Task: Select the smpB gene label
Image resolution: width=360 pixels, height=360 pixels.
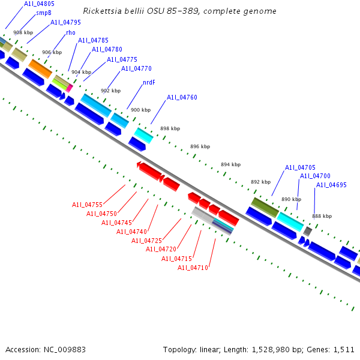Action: click(x=44, y=13)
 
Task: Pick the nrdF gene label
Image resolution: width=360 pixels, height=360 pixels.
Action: click(x=149, y=83)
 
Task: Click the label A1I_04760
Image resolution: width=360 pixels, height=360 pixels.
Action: click(x=182, y=97)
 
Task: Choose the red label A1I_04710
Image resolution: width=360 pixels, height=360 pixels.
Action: click(x=193, y=268)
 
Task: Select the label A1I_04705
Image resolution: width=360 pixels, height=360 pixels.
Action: click(x=300, y=167)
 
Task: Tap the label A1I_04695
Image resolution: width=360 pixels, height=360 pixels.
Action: click(x=331, y=185)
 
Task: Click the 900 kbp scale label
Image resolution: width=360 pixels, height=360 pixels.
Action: click(x=140, y=110)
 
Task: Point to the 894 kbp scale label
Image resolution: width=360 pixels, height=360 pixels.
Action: click(x=230, y=164)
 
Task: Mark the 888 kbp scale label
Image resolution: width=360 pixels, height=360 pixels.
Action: click(x=322, y=216)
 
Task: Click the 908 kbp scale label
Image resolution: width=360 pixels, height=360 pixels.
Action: click(x=23, y=32)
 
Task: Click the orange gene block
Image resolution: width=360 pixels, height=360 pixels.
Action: click(x=41, y=68)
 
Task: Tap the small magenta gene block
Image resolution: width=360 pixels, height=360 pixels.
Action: click(x=70, y=88)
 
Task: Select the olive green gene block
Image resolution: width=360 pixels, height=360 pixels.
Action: click(x=265, y=207)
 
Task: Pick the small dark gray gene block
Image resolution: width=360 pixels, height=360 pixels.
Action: click(x=308, y=231)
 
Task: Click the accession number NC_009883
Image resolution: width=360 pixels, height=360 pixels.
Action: click(x=62, y=349)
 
